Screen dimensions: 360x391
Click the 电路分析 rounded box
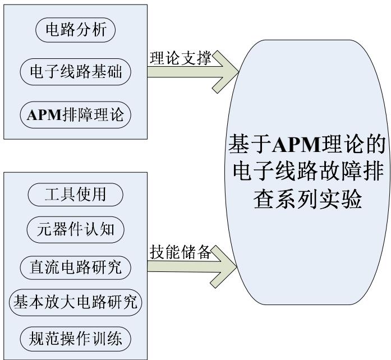pyautogui.click(x=75, y=30)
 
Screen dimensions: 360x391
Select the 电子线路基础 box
pyautogui.click(x=75, y=72)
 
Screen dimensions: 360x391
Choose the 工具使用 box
pyautogui.click(x=75, y=195)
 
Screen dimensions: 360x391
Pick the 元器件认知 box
pyautogui.click(x=75, y=230)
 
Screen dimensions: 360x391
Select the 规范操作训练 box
pyautogui.click(x=75, y=338)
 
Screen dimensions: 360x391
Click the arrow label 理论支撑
pyautogui.click(x=181, y=58)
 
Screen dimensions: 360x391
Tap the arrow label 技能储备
pyautogui.click(x=181, y=252)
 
